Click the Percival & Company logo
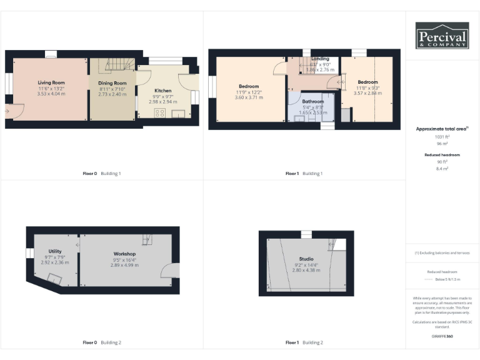click(442, 36)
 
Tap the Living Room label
click(51, 82)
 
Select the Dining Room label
click(112, 83)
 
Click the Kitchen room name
click(162, 91)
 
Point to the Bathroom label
click(312, 101)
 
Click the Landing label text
click(321, 59)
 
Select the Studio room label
click(306, 259)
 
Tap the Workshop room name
click(124, 254)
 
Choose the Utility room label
click(55, 251)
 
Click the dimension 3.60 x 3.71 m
click(248, 97)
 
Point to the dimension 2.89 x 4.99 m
click(124, 265)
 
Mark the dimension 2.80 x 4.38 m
click(306, 270)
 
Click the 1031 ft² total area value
click(442, 136)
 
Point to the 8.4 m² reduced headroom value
click(442, 168)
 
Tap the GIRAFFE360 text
click(442, 336)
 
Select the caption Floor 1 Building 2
click(304, 342)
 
